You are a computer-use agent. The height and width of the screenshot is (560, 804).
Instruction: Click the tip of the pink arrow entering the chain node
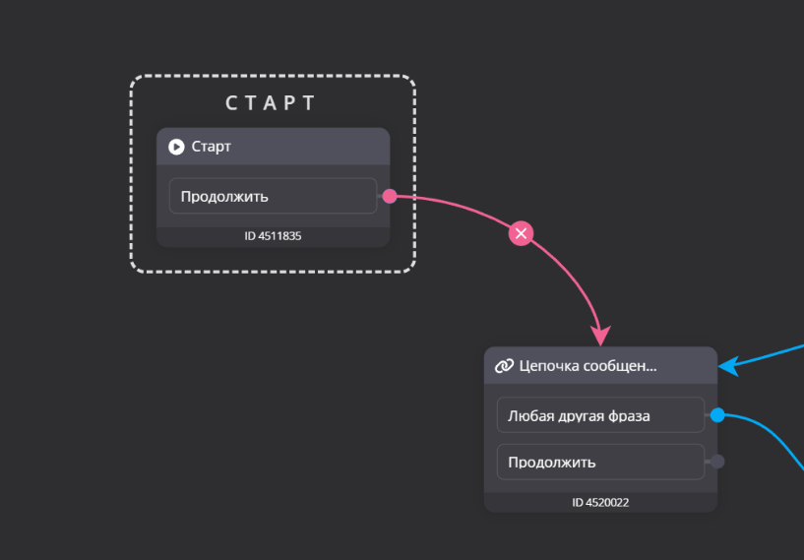click(600, 345)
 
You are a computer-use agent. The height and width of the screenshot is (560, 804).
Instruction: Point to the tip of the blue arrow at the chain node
click(719, 366)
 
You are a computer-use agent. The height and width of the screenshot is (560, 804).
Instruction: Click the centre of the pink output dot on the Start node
click(390, 196)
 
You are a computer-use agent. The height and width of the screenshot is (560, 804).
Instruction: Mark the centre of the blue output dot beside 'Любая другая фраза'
click(717, 415)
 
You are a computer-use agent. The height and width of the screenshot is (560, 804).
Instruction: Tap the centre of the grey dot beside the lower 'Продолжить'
click(717, 462)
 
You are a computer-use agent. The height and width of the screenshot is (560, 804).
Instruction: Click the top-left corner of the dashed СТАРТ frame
click(131, 76)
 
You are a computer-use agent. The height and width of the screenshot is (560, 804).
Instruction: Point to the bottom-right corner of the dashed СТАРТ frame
click(415, 272)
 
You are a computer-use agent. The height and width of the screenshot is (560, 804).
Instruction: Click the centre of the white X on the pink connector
click(521, 234)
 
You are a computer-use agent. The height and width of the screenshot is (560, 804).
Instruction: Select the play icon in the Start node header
click(176, 148)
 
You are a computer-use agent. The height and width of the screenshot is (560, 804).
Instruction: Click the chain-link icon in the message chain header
click(504, 366)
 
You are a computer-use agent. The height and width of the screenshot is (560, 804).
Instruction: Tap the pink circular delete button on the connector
click(521, 234)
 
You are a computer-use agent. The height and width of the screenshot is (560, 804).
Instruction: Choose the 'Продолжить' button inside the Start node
click(273, 196)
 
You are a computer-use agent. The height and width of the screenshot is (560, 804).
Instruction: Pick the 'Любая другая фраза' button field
click(600, 415)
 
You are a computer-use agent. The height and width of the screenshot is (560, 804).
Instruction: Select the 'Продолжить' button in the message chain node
click(600, 462)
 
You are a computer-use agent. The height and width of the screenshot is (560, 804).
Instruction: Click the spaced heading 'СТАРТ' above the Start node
click(271, 103)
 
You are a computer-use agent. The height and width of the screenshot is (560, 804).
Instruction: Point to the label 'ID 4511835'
click(273, 236)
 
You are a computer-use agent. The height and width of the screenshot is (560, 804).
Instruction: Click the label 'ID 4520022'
click(600, 503)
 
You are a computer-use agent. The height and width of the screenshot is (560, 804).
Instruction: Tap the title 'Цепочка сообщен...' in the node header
click(588, 366)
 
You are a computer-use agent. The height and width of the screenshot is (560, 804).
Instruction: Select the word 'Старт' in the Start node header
click(212, 148)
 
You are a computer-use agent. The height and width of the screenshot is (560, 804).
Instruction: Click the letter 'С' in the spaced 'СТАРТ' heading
click(231, 103)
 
